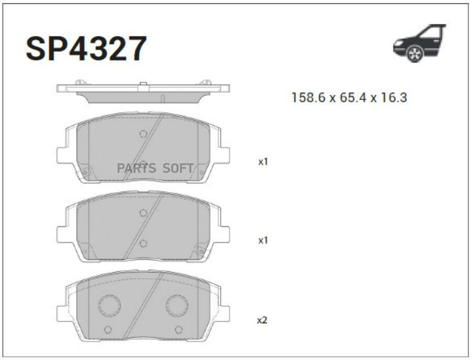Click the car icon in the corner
click(419, 43)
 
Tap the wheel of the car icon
click(415, 54)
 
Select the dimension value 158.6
click(308, 97)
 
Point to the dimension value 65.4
click(350, 97)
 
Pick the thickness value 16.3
click(393, 97)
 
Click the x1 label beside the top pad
click(263, 162)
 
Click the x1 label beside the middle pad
click(263, 240)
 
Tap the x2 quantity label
click(262, 320)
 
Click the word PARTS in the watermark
click(136, 168)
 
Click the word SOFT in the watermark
click(178, 168)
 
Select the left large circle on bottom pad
click(110, 305)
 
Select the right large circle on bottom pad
click(177, 305)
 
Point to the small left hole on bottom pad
click(108, 330)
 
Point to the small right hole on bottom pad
click(178, 330)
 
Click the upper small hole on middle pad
click(143, 213)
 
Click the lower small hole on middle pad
click(143, 243)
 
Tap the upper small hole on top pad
click(143, 134)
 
